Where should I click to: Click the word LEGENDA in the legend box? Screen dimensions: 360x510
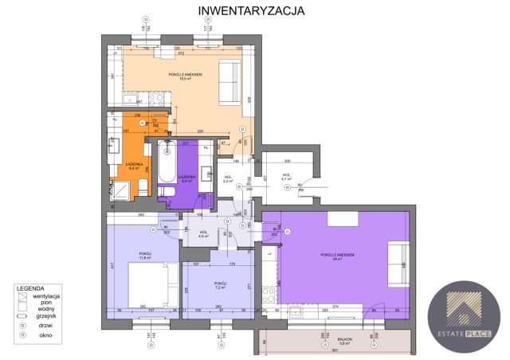click(33, 288)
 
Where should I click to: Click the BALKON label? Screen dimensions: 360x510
click(345, 338)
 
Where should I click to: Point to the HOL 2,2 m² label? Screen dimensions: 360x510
click(228, 179)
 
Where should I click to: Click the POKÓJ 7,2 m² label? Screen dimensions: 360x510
click(220, 285)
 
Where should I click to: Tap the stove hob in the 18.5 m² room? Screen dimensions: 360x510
click(156, 100)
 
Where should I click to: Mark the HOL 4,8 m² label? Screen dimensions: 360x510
click(203, 234)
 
